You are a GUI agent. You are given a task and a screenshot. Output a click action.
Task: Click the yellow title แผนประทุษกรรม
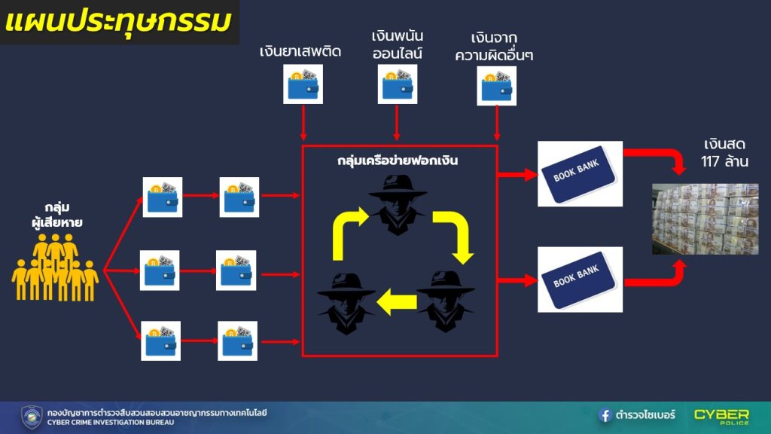pyautogui.click(x=118, y=22)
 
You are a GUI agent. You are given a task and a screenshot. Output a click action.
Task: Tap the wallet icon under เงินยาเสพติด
pyautogui.click(x=303, y=84)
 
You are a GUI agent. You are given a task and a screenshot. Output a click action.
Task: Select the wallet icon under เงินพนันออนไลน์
pyautogui.click(x=398, y=84)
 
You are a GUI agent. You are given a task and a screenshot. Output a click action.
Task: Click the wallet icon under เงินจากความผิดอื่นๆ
pyautogui.click(x=497, y=86)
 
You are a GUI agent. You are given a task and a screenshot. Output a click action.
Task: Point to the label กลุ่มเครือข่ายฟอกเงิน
pyautogui.click(x=398, y=160)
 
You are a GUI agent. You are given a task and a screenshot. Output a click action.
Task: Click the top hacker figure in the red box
pyautogui.click(x=398, y=205)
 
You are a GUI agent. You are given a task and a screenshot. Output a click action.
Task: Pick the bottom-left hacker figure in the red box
pyautogui.click(x=346, y=304)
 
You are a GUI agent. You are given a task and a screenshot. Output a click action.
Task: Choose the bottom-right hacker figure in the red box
pyautogui.click(x=446, y=301)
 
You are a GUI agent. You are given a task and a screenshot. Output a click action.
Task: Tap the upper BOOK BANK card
pyautogui.click(x=580, y=174)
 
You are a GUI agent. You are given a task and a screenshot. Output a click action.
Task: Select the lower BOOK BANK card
pyautogui.click(x=580, y=280)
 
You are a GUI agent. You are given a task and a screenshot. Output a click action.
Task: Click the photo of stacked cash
pyautogui.click(x=705, y=219)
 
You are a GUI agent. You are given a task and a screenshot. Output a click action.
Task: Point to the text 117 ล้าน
pyautogui.click(x=725, y=161)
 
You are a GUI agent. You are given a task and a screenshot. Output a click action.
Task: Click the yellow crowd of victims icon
pyautogui.click(x=55, y=267)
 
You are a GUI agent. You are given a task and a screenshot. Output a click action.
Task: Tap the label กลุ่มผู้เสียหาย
pyautogui.click(x=57, y=215)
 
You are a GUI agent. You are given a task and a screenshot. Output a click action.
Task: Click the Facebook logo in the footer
pyautogui.click(x=605, y=415)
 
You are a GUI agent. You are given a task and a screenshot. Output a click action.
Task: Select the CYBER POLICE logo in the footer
pyautogui.click(x=721, y=416)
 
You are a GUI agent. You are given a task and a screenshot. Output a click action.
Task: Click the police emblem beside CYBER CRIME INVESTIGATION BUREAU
pyautogui.click(x=32, y=417)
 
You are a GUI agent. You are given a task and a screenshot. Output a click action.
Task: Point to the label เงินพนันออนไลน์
pyautogui.click(x=398, y=44)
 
